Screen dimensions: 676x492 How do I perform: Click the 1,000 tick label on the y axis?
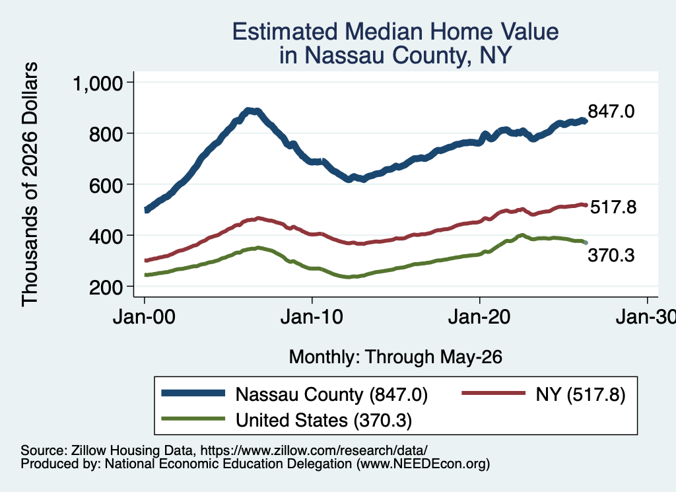[98, 83]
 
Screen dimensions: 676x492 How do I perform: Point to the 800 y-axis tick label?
[106, 133]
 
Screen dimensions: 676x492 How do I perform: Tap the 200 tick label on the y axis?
[106, 287]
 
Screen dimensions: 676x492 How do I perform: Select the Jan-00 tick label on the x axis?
[144, 317]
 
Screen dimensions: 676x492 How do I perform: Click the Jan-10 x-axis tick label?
[312, 317]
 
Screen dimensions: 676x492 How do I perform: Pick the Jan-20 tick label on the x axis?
[479, 317]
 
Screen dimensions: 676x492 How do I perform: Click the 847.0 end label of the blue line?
[611, 111]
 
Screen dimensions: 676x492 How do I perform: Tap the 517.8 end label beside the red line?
[613, 207]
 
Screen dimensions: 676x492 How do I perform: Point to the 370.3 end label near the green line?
[611, 256]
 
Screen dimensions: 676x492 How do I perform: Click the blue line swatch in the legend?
[193, 393]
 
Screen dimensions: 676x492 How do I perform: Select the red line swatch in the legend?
[494, 393]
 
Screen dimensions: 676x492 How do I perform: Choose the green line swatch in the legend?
[193, 419]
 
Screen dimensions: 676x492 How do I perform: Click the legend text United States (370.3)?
[323, 420]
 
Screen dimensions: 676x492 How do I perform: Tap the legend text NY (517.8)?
[580, 394]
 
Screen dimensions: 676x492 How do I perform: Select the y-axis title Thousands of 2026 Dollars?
[30, 184]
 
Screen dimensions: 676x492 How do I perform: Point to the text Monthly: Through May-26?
[395, 357]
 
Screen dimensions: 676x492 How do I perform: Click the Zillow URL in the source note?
[314, 450]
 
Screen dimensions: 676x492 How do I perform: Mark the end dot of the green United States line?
[585, 243]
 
